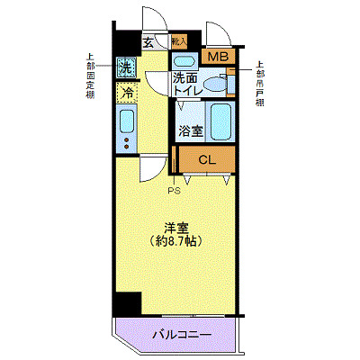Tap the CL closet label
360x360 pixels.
click(206, 160)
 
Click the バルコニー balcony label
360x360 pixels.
click(182, 335)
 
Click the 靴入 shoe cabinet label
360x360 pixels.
click(178, 40)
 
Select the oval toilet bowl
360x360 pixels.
click(215, 84)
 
